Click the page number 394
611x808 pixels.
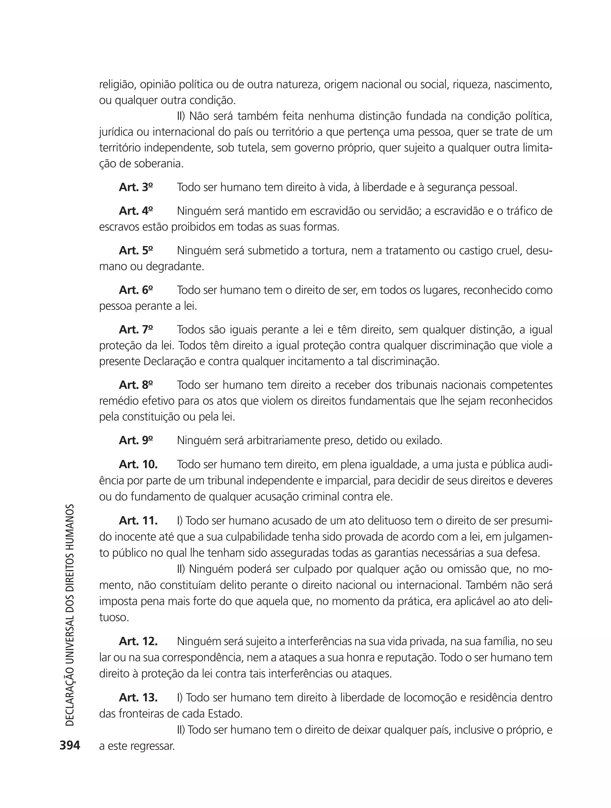click(x=70, y=745)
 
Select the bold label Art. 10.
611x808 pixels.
click(x=138, y=464)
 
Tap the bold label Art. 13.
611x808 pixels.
click(x=138, y=697)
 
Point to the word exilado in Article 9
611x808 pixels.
click(x=424, y=441)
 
